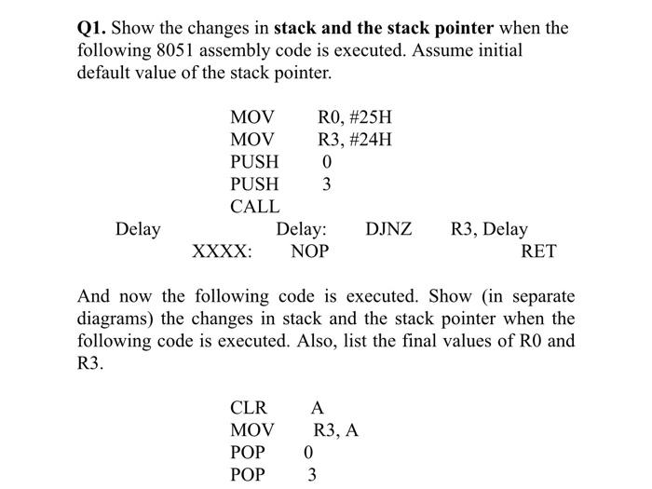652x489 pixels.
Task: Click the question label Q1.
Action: (91, 28)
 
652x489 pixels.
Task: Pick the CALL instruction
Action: (254, 207)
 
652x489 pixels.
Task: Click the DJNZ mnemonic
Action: (389, 229)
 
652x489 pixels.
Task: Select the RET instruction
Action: (538, 251)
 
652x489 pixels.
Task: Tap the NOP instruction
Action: (309, 251)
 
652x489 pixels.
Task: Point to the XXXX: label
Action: (221, 251)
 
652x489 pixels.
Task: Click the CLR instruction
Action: (249, 408)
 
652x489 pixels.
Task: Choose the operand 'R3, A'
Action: (336, 430)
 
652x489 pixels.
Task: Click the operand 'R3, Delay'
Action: (489, 229)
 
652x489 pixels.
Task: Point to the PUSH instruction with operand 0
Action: (254, 162)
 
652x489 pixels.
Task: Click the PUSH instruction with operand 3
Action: (254, 184)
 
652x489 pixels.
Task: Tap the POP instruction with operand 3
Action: (248, 475)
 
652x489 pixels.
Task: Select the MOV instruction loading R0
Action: (252, 117)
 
